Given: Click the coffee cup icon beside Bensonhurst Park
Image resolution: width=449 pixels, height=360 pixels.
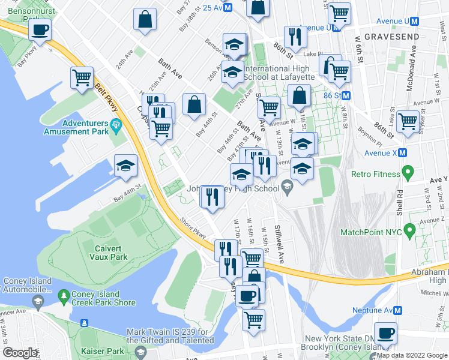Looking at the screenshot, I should (40, 29).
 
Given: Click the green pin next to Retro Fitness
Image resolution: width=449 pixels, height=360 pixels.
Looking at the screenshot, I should (409, 174).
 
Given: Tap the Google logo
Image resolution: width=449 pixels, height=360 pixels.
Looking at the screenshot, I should (20, 353).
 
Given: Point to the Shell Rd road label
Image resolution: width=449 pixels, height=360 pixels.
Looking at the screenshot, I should (400, 204).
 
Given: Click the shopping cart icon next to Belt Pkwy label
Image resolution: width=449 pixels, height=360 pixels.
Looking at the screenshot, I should (82, 77).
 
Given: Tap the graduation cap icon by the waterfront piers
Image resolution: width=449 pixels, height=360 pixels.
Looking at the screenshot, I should (125, 165).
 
